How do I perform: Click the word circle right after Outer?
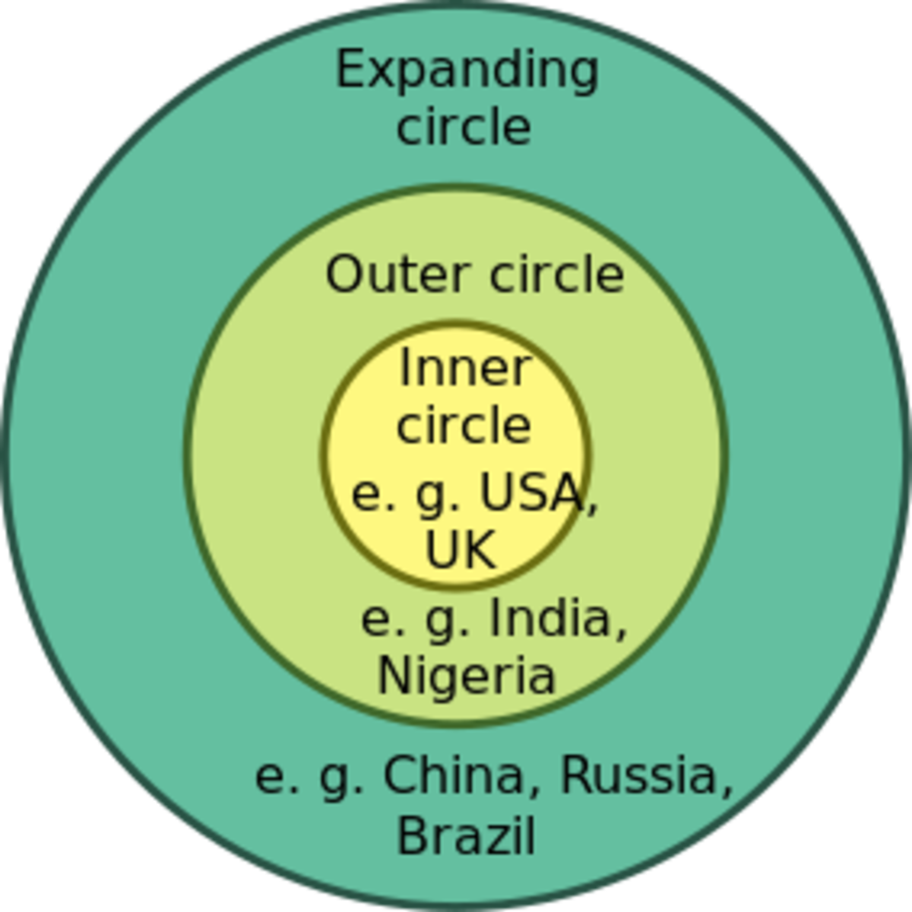556,274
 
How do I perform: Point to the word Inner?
463,369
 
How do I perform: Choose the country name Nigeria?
466,674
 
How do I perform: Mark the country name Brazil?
466,835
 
